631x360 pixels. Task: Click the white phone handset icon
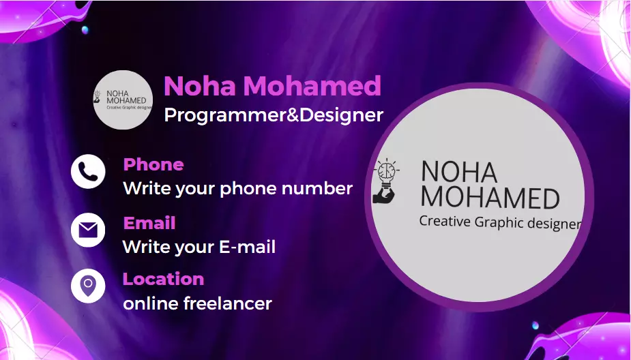(x=88, y=171)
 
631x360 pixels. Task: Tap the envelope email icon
(x=88, y=230)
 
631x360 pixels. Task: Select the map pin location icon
(x=88, y=286)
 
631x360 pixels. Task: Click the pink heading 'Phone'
(x=153, y=164)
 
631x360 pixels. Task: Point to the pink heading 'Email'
(x=149, y=223)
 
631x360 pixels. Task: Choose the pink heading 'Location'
(x=163, y=279)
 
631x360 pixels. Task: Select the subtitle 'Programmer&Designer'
(x=274, y=115)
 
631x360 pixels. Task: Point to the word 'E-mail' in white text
(x=247, y=247)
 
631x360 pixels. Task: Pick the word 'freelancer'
(x=228, y=303)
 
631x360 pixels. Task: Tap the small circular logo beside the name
(x=123, y=100)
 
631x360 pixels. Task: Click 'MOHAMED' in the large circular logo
(x=490, y=198)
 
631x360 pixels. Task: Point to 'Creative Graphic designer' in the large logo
(x=499, y=222)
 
